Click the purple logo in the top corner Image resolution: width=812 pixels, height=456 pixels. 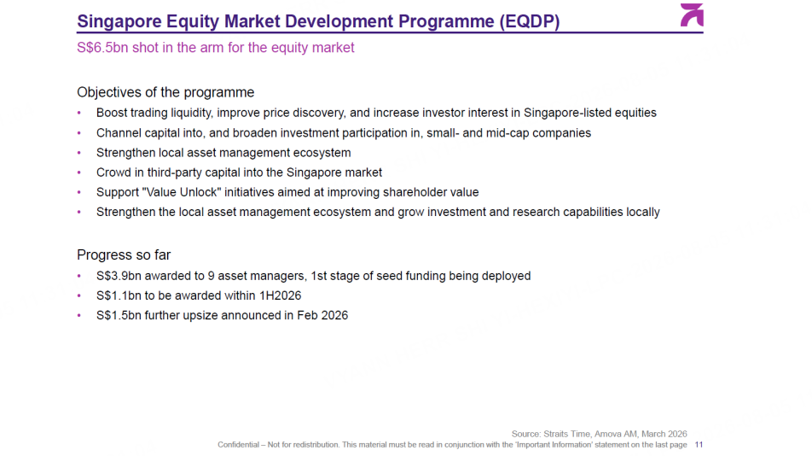coord(692,15)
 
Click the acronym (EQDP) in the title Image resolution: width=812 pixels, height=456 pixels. coord(530,21)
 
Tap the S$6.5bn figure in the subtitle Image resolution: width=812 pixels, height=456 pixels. coord(102,48)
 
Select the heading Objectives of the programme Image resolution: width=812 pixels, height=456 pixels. coord(165,92)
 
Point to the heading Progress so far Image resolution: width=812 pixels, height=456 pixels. coord(124,255)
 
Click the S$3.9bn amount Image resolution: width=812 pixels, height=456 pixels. coord(119,276)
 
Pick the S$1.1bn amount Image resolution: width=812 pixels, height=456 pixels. coord(119,295)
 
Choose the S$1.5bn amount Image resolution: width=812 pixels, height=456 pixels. coord(119,315)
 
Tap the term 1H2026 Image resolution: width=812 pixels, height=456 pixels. coord(280,295)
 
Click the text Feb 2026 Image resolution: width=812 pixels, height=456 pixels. coord(322,315)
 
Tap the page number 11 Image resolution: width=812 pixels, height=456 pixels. coord(699,445)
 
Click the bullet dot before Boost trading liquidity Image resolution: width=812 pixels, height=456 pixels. coord(79,113)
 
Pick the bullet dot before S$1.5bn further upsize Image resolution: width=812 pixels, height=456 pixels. coord(79,315)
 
